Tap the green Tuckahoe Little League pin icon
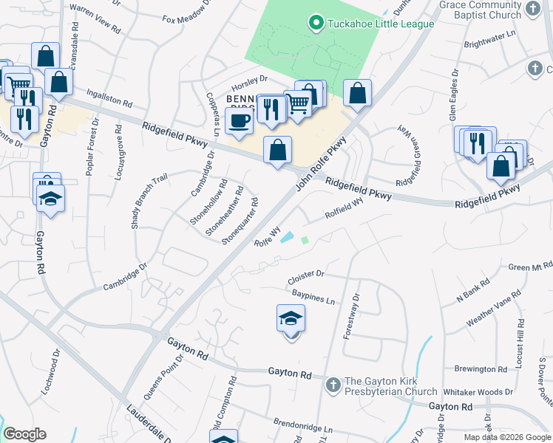pos(317,24)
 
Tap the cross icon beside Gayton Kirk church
pos(333,384)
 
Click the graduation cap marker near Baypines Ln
pos(291,319)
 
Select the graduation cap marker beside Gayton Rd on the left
pos(51,199)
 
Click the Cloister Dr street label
pos(306,276)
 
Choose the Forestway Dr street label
pos(351,317)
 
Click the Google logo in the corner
pos(24,434)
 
